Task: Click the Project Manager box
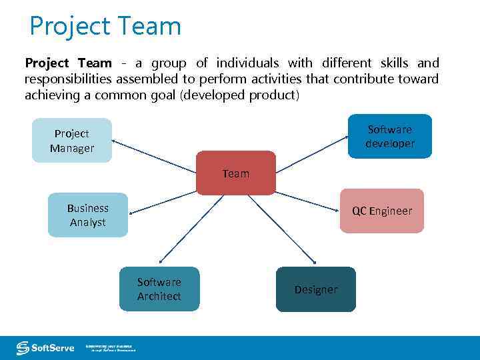coord(72,141)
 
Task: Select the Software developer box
coord(390,137)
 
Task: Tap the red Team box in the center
coord(236,173)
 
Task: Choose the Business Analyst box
coord(87,215)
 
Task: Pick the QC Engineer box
coord(382,211)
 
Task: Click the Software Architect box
coord(159,289)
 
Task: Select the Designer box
coord(316,289)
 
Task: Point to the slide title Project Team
coord(105,26)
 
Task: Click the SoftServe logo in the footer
coord(45,347)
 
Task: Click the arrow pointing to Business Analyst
coord(163,203)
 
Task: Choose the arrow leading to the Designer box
coord(280,229)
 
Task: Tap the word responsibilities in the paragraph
coord(68,79)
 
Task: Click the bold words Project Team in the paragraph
coord(68,63)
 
